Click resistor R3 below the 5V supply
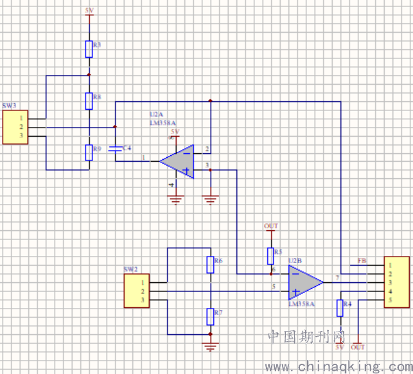coord(89,48)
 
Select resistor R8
coord(89,100)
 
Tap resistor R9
coord(89,152)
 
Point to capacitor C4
coord(116,148)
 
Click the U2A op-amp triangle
coord(179,161)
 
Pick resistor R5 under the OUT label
coord(270,256)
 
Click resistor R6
coord(210,264)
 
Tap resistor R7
coord(210,316)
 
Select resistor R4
coord(340,308)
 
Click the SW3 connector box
coord(15,127)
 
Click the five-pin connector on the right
coord(396,282)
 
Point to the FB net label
coord(362,261)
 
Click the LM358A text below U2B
coord(301,304)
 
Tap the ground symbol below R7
coord(210,347)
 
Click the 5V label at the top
coord(89,11)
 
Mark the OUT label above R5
coord(270,226)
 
